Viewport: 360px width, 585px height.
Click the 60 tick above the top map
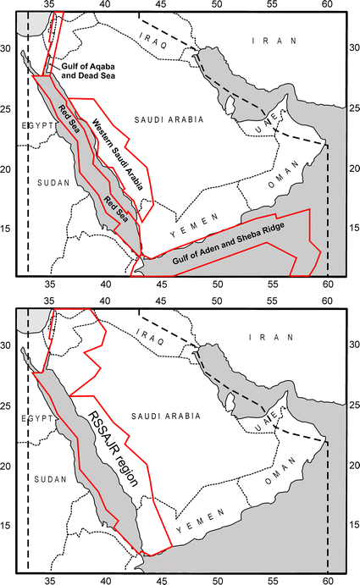click(328, 4)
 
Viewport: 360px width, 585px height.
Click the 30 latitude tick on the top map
click(8, 48)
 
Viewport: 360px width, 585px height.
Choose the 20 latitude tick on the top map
click(8, 169)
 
